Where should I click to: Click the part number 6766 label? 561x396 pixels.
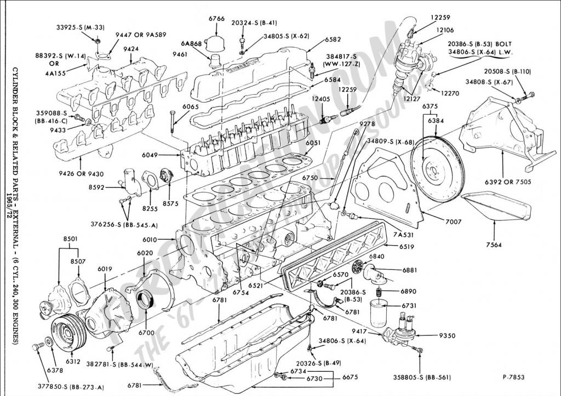216,19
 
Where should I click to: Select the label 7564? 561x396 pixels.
493,245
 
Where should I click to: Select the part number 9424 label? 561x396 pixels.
130,49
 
